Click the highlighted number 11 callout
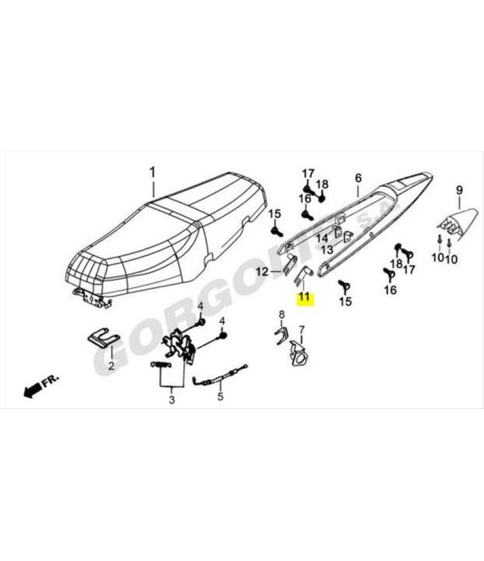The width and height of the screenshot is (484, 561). tap(305, 297)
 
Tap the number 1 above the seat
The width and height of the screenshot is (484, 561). tap(153, 172)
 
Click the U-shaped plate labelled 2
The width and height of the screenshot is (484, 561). tap(104, 338)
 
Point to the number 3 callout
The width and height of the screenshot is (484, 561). tap(172, 399)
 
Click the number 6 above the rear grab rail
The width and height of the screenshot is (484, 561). tap(358, 178)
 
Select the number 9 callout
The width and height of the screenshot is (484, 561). tap(459, 190)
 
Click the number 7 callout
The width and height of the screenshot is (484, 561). tap(302, 330)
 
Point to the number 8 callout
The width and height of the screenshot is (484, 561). tap(282, 314)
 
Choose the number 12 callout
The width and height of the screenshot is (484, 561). tap(262, 272)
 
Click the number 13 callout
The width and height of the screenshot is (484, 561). tap(327, 250)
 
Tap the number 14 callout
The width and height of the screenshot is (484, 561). tap(322, 238)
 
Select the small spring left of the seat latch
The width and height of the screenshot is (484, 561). tap(160, 365)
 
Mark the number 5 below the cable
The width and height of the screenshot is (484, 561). tap(220, 396)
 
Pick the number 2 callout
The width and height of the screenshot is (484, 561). tap(111, 366)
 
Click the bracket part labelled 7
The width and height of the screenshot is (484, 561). tap(299, 354)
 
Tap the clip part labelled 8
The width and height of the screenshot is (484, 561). tap(281, 336)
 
